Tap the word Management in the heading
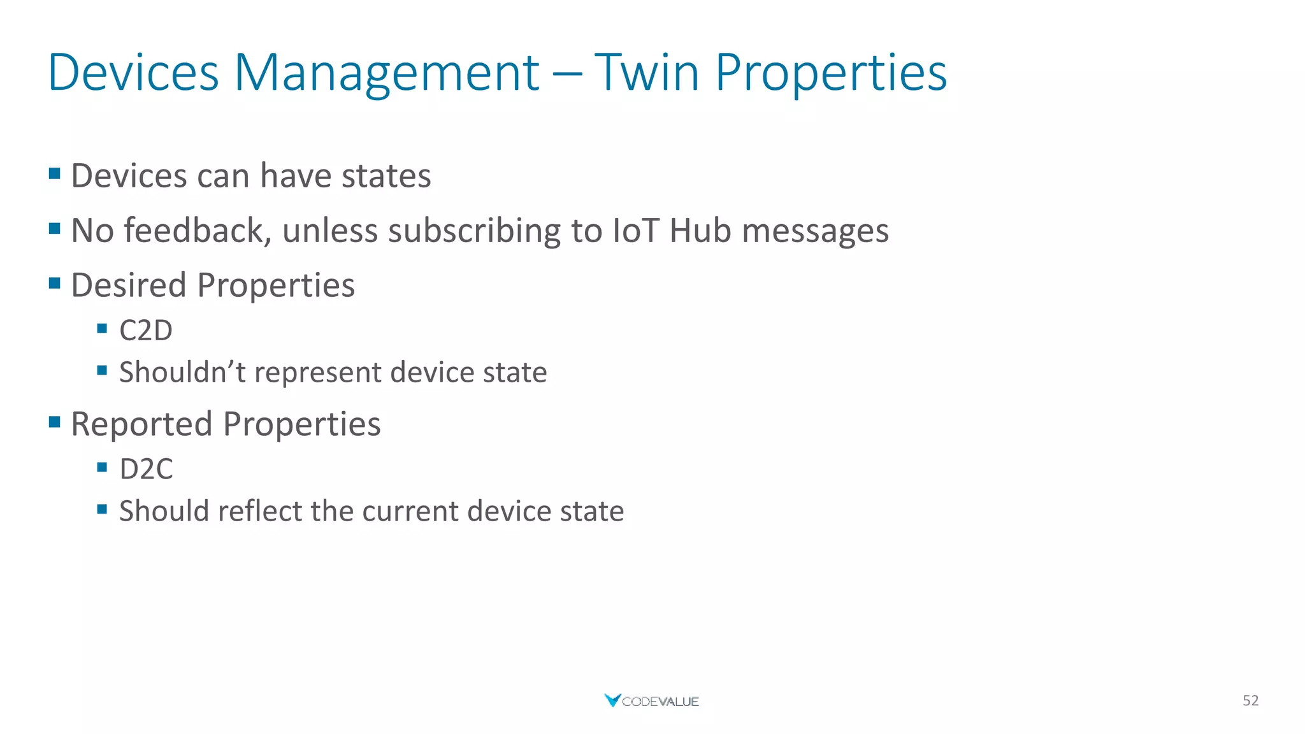coord(387,73)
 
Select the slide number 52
coord(1250,701)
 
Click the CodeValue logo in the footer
coord(651,701)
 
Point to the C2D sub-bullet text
coord(146,331)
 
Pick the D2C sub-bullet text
coord(146,470)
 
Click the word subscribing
coord(474,231)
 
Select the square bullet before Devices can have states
coord(55,173)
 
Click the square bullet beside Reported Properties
coord(55,422)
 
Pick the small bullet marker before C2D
coord(102,329)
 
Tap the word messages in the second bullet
coord(815,231)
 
